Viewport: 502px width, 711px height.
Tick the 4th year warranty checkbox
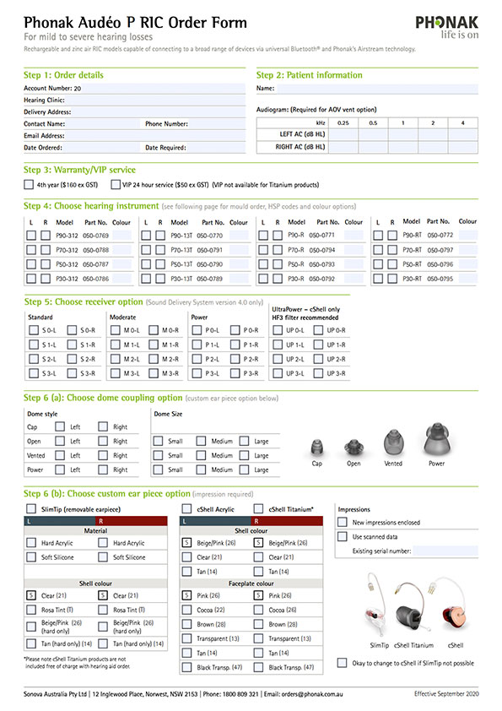coord(29,183)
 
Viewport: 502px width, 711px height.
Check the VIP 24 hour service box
coord(115,183)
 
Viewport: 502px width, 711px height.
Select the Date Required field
coord(217,148)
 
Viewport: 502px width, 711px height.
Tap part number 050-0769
coord(96,235)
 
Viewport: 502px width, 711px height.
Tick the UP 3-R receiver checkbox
coord(318,373)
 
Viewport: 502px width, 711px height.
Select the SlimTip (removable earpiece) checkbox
coord(31,509)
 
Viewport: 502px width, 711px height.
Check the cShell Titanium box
coord(259,509)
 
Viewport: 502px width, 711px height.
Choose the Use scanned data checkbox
coord(342,537)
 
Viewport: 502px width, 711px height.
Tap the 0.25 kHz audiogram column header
coord(343,123)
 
